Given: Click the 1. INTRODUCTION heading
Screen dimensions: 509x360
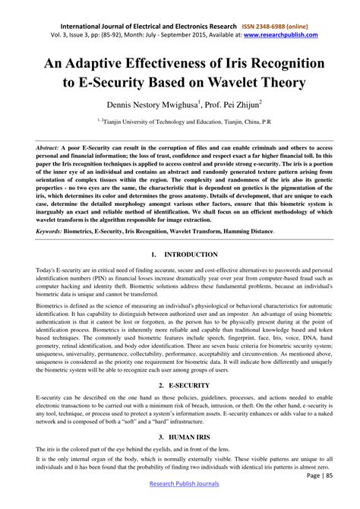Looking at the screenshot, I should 179,254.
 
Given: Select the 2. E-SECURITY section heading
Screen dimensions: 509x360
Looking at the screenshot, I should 179,386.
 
